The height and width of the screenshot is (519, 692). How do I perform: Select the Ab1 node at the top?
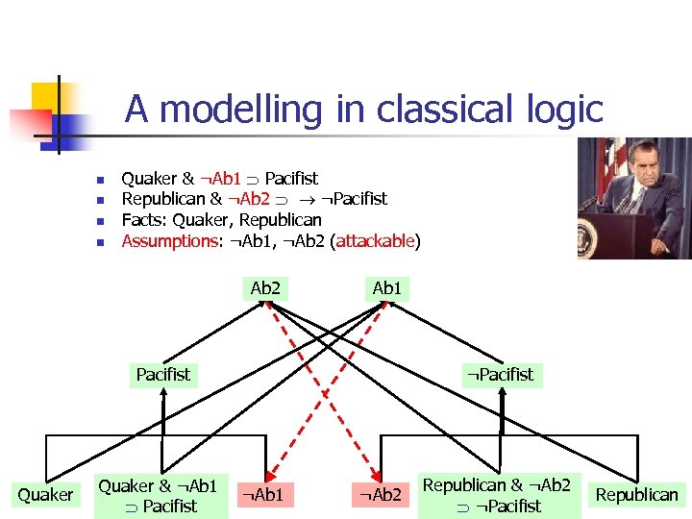pyautogui.click(x=386, y=287)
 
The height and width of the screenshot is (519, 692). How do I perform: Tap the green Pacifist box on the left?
pyautogui.click(x=163, y=374)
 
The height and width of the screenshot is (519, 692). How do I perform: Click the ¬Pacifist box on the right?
pyautogui.click(x=500, y=374)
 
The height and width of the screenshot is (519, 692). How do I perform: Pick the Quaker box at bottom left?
pyautogui.click(x=45, y=495)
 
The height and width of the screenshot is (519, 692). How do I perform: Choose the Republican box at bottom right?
pyautogui.click(x=636, y=495)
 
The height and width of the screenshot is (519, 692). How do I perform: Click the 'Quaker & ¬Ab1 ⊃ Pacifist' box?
pyautogui.click(x=161, y=495)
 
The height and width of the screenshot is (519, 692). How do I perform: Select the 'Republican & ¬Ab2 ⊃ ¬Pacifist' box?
pyautogui.click(x=497, y=495)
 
